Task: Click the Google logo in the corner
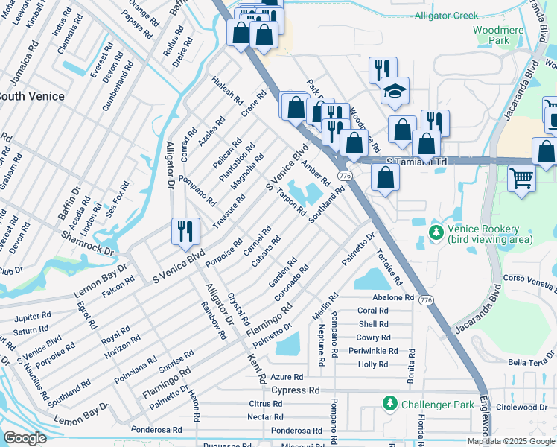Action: [25, 438]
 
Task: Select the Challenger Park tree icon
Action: [389, 404]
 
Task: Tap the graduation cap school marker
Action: [395, 91]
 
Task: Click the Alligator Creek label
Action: [447, 15]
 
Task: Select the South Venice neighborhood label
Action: [30, 96]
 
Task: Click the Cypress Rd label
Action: [295, 390]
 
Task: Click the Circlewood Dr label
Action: [522, 408]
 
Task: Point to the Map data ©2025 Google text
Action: [510, 441]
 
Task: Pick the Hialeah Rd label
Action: [227, 90]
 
